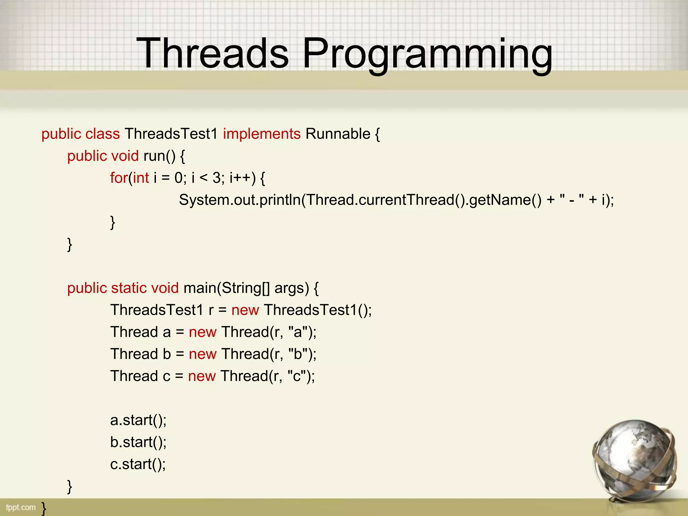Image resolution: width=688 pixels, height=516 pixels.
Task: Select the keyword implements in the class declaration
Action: click(x=261, y=134)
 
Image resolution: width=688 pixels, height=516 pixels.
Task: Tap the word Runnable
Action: click(x=338, y=134)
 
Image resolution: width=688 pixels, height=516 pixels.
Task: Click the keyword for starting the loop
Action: click(x=119, y=178)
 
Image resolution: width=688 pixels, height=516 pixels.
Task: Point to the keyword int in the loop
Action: click(x=141, y=178)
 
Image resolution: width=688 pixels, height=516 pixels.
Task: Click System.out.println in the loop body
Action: click(x=240, y=200)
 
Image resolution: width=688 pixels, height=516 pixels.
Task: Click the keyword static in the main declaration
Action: click(x=129, y=288)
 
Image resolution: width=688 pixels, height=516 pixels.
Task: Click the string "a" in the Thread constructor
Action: click(x=298, y=332)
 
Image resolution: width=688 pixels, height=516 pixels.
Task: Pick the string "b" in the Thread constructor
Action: click(x=298, y=354)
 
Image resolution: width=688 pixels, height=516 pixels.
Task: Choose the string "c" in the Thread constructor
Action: click(x=297, y=376)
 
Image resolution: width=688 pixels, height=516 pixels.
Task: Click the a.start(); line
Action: click(x=138, y=420)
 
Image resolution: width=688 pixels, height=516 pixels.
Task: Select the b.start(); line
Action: click(x=138, y=442)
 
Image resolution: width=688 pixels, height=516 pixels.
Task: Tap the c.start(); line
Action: click(x=138, y=464)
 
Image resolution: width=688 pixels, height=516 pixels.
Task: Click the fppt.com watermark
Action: click(x=20, y=507)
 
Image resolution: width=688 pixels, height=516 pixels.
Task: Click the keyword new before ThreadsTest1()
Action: click(x=245, y=310)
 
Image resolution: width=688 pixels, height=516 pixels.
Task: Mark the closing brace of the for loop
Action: click(x=113, y=222)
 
